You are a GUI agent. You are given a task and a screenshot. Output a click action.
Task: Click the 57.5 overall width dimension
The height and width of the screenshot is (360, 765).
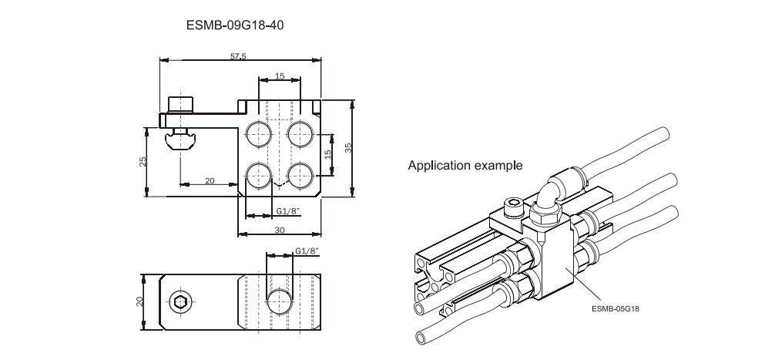pos(238,56)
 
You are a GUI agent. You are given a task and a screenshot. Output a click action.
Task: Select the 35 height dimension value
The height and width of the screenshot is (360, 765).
pos(347,148)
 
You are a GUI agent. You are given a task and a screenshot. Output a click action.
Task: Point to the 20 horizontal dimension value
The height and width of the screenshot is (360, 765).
pos(210,180)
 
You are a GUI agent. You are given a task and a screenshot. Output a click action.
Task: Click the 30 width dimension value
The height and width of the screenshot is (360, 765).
pos(279,229)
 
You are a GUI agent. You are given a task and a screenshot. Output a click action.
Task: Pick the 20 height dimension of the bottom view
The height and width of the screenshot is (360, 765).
pos(141,301)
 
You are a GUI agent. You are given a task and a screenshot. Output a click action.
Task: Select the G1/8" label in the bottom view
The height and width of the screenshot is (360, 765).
pos(307,251)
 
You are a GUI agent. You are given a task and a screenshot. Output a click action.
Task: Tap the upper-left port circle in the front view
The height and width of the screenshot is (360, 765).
pos(257,133)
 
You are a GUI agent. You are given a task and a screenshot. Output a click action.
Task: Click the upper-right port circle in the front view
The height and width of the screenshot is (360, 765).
pos(299,133)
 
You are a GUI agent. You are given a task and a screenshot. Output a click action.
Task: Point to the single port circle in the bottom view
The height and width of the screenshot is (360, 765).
pos(278,301)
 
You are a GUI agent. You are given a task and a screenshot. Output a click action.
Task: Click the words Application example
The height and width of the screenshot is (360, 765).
pos(465,165)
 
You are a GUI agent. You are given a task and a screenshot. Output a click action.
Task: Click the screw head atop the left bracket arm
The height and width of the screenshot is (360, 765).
pos(181,104)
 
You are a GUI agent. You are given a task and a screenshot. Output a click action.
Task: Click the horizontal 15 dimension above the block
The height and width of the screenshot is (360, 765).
pos(279,76)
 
